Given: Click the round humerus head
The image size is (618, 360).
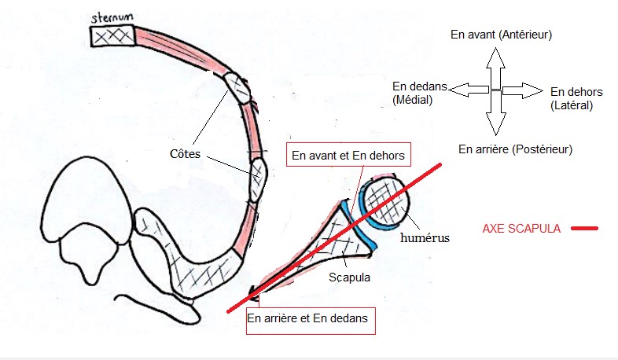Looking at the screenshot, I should (385, 203).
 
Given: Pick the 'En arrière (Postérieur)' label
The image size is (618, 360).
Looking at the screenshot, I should (515, 149).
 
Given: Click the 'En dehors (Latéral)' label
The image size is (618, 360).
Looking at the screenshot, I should (572, 98).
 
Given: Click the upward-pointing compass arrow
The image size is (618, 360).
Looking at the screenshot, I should (495, 67).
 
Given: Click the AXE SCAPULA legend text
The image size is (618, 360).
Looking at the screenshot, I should (521, 229).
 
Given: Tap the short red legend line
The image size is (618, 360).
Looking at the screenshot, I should (584, 229).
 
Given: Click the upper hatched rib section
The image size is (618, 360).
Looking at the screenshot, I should (238, 87).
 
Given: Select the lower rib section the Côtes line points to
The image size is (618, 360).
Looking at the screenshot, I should (259, 178).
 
